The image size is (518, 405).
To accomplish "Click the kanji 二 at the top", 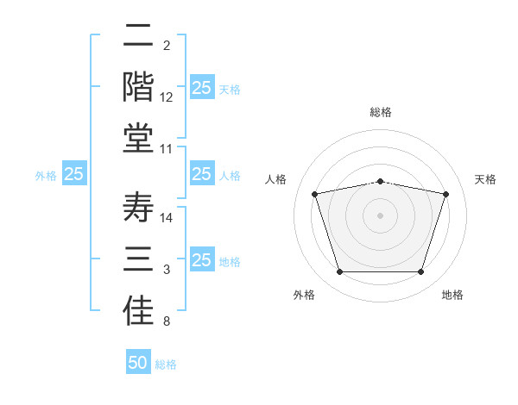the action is click(x=138, y=34).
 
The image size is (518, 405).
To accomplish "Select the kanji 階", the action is click(x=138, y=86).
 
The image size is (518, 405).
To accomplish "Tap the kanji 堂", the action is click(x=138, y=138).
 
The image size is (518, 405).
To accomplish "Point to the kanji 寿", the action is click(x=138, y=207).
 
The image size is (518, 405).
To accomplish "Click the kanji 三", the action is click(x=138, y=259).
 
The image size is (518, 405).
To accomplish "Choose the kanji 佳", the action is click(x=138, y=311).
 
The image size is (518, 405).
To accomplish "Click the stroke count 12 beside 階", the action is click(x=166, y=97).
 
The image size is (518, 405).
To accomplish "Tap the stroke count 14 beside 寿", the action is click(x=166, y=218).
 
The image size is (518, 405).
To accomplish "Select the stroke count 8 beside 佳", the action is click(x=167, y=321).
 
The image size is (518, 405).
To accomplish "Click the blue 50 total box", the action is click(x=138, y=361).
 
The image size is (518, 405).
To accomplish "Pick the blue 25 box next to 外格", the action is click(x=74, y=173).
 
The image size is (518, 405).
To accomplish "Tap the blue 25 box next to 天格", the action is click(x=203, y=87).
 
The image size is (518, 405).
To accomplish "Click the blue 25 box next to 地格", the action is click(x=203, y=259).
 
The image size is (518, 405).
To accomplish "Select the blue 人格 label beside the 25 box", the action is click(x=230, y=176).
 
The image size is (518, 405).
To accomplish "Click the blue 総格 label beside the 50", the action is click(x=166, y=364).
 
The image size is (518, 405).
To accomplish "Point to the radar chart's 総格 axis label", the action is click(x=381, y=112).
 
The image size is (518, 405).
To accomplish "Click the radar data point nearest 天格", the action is click(x=446, y=194).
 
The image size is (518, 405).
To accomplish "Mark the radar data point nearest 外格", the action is click(x=340, y=271).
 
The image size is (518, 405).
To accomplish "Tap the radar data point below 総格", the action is click(x=381, y=182).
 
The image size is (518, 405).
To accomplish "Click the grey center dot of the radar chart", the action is click(x=380, y=215).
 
